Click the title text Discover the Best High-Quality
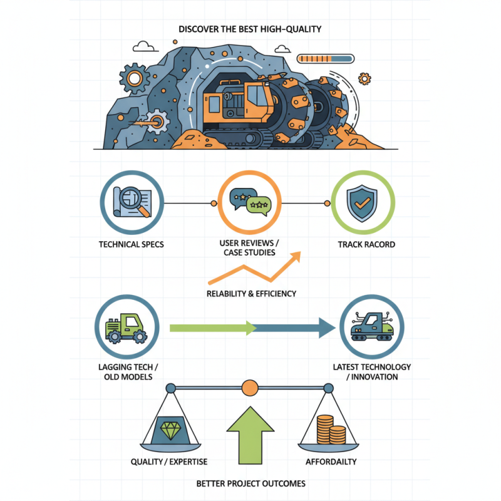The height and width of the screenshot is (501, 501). (250, 29)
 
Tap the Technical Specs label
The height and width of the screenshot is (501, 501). (132, 244)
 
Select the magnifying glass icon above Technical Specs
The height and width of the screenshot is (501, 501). (134, 201)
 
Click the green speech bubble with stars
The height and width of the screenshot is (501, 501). (259, 205)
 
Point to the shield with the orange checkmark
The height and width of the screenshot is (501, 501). (362, 203)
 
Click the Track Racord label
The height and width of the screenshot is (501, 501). (366, 244)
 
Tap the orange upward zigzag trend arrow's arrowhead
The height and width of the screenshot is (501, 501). (295, 257)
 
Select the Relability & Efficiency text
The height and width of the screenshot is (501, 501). (252, 294)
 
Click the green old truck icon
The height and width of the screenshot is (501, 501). (127, 328)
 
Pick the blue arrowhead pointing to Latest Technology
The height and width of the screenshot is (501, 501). (327, 328)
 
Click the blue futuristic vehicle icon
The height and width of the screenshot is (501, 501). (372, 326)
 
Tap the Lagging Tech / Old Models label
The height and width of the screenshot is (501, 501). (128, 372)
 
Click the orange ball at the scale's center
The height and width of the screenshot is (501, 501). (250, 388)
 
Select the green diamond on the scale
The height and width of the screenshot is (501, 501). (170, 430)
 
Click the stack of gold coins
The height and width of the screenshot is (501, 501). (331, 430)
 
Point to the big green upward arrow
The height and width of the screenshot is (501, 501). (250, 435)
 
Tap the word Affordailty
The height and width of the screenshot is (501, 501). (331, 462)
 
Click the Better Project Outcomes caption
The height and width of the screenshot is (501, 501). (251, 483)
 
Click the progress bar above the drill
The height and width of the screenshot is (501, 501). (326, 59)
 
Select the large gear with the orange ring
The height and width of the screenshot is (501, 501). (135, 78)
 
